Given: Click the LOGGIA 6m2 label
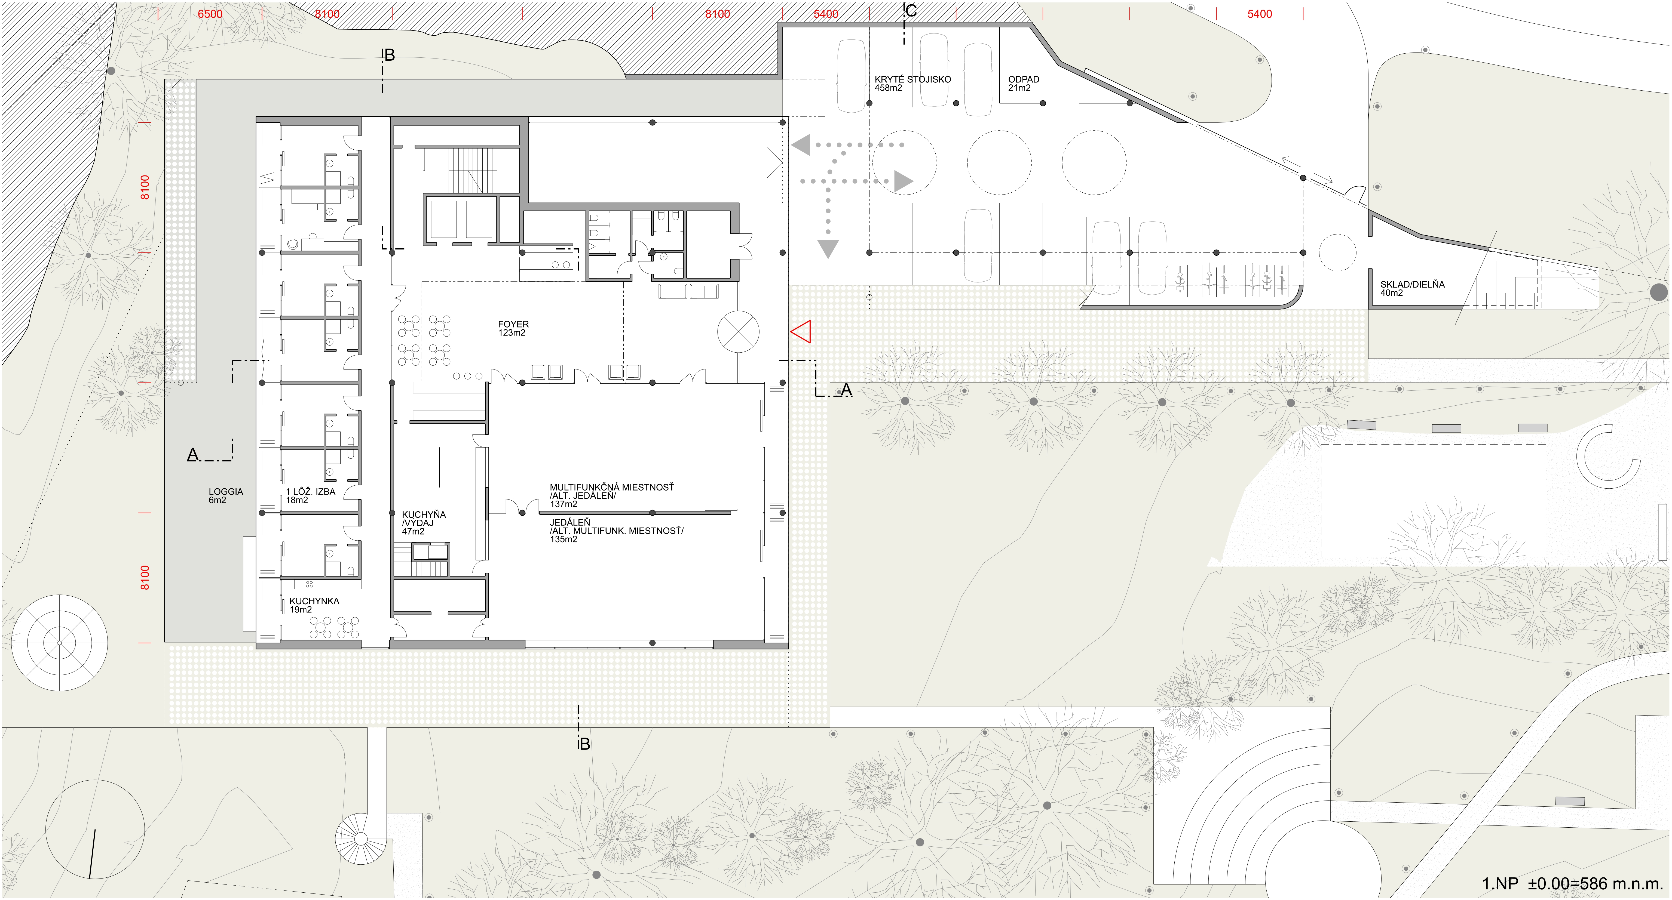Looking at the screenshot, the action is pyautogui.click(x=225, y=496).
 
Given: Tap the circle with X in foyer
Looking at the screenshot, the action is pyautogui.click(x=738, y=332).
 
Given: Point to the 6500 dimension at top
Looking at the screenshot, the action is pyautogui.click(x=210, y=14).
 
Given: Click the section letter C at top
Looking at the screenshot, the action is pyautogui.click(x=911, y=10).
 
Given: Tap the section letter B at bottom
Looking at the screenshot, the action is pyautogui.click(x=584, y=744).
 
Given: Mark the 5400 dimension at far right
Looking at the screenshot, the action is pyautogui.click(x=1259, y=14).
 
